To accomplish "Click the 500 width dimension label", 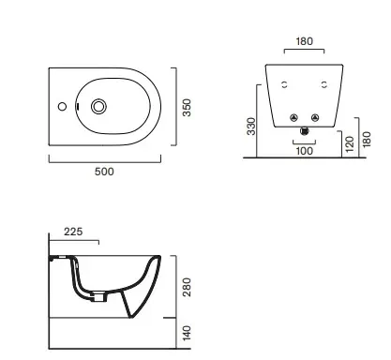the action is (x=104, y=172).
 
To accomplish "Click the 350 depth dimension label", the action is (x=187, y=108).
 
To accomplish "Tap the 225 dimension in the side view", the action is (x=73, y=232).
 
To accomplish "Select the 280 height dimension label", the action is (x=187, y=287).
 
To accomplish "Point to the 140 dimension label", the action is (x=187, y=333).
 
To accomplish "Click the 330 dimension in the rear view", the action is (x=251, y=127).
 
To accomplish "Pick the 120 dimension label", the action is (x=350, y=144).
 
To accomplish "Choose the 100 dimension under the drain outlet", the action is (x=304, y=151).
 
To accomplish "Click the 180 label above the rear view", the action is (x=304, y=41).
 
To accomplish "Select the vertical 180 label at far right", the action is (x=367, y=139).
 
